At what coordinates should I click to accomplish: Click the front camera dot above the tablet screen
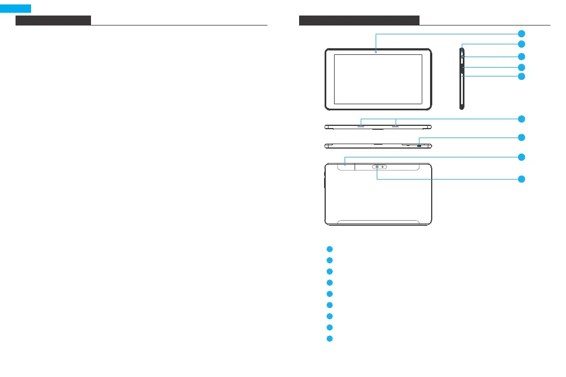pyautogui.click(x=376, y=52)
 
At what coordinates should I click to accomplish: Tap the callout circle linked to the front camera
pyautogui.click(x=521, y=33)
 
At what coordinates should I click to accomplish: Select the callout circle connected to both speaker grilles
pyautogui.click(x=521, y=119)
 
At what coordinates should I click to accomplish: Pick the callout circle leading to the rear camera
pyautogui.click(x=521, y=179)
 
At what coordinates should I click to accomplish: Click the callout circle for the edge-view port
pyautogui.click(x=521, y=137)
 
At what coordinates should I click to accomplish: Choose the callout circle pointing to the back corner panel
pyautogui.click(x=521, y=157)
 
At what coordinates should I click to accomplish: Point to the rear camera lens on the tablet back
pyautogui.click(x=377, y=167)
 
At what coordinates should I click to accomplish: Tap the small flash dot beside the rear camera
pyautogui.click(x=383, y=167)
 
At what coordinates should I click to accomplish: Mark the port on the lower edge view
pyautogui.click(x=420, y=145)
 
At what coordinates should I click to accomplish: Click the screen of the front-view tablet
pyautogui.click(x=377, y=80)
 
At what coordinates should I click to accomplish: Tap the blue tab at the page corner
pyautogui.click(x=15, y=8)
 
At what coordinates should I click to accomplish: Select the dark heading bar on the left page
pyautogui.click(x=53, y=21)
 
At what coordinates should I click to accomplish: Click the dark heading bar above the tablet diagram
pyautogui.click(x=359, y=21)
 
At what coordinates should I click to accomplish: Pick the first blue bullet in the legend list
pyautogui.click(x=329, y=249)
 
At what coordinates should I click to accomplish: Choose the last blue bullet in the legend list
pyautogui.click(x=329, y=339)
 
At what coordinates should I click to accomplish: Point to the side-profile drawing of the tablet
pyautogui.click(x=462, y=78)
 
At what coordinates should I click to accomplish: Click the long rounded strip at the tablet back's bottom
pyautogui.click(x=378, y=222)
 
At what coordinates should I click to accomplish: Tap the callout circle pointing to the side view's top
pyautogui.click(x=521, y=43)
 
